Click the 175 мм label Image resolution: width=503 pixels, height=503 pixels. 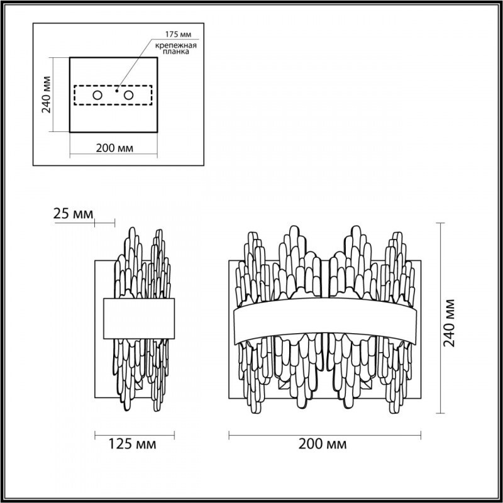coord(178,34)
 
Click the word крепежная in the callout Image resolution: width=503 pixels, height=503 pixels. coord(176,45)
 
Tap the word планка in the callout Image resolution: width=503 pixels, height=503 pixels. coord(176,52)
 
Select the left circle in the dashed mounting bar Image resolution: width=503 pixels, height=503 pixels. coord(97,96)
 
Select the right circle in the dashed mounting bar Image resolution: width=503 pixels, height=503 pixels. coord(129,96)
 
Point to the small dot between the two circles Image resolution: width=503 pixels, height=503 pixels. coord(117,91)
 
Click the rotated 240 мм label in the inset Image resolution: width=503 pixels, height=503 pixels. coord(47,95)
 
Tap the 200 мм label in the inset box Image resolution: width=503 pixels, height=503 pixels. coord(114,148)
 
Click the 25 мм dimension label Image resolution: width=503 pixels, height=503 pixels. coord(73,214)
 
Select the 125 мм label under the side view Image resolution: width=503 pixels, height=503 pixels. coord(133,444)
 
